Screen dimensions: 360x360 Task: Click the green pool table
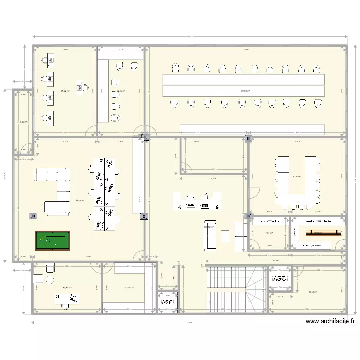52,240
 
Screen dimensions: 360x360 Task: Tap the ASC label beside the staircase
279,279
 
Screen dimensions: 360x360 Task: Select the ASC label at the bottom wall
167,302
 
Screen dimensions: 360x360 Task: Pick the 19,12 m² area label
67,288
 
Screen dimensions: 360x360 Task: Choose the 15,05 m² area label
129,288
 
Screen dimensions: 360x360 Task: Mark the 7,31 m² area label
269,233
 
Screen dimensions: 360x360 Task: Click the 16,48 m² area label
312,291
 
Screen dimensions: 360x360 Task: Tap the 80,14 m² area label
80,201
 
